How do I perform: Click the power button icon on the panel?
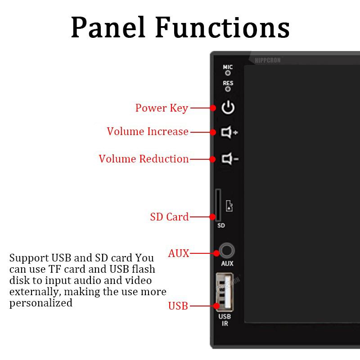click(229, 108)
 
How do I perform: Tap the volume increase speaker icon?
click(229, 132)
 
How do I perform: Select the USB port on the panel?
click(224, 292)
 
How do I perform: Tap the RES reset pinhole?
click(228, 89)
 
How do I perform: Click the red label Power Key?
click(162, 108)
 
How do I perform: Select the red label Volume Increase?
click(147, 131)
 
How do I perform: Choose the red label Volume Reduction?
click(144, 159)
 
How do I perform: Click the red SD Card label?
click(169, 217)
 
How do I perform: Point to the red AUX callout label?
click(179, 253)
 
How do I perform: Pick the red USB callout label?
click(178, 306)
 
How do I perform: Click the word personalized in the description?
click(41, 303)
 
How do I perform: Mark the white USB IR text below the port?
click(225, 320)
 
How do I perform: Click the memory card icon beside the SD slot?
click(229, 207)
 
